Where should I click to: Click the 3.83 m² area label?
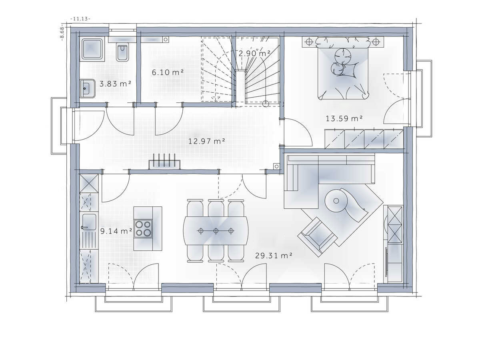click(115, 84)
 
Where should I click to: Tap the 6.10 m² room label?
click(168, 72)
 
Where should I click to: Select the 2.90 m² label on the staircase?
click(254, 53)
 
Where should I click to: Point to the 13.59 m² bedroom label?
click(344, 118)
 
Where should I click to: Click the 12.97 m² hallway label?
click(207, 141)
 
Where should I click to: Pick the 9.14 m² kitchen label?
click(116, 231)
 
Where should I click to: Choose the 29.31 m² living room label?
click(274, 255)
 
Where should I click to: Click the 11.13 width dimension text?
click(80, 19)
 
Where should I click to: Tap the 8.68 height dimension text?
click(62, 33)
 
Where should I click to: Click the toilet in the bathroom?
click(122, 52)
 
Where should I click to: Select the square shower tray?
click(92, 49)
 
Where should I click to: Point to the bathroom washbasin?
click(87, 88)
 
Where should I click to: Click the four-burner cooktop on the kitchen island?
click(143, 228)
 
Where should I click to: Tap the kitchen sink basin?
click(89, 222)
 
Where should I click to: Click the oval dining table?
click(216, 231)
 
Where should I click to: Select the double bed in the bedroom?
click(343, 70)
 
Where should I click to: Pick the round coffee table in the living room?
click(336, 201)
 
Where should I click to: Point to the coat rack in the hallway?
click(164, 162)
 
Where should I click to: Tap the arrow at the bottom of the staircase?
click(216, 98)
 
